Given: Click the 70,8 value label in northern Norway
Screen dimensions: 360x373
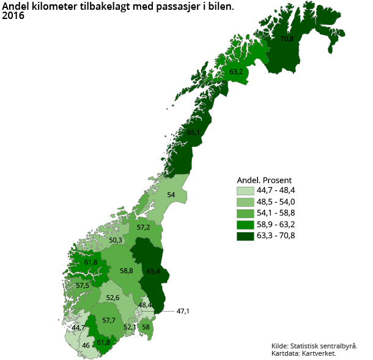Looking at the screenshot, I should [287, 39].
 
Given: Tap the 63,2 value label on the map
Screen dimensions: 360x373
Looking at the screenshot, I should [236, 72].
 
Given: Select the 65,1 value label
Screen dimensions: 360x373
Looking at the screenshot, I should [193, 132].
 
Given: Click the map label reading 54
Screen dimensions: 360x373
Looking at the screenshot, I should [171, 195].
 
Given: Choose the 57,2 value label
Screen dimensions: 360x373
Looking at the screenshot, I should [143, 227].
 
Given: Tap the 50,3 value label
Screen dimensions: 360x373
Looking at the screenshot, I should [116, 240].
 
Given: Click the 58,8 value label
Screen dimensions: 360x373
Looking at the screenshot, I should [127, 271].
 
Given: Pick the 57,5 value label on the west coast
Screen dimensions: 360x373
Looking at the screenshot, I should [83, 285].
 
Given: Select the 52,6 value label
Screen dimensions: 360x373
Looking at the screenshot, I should [113, 298].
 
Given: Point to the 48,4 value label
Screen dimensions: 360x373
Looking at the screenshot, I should [145, 305].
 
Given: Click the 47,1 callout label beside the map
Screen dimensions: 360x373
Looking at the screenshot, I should [183, 312].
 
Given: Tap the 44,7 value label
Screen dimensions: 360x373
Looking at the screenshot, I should [78, 328].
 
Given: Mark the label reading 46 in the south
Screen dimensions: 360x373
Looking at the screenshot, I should [86, 346].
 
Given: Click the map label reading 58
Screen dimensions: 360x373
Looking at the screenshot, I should [146, 328].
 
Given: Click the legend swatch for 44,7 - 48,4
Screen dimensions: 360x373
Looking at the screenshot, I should [244, 192].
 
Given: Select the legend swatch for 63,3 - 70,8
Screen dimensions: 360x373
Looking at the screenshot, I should [244, 236].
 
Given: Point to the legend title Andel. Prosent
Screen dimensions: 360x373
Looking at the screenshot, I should [264, 180].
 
